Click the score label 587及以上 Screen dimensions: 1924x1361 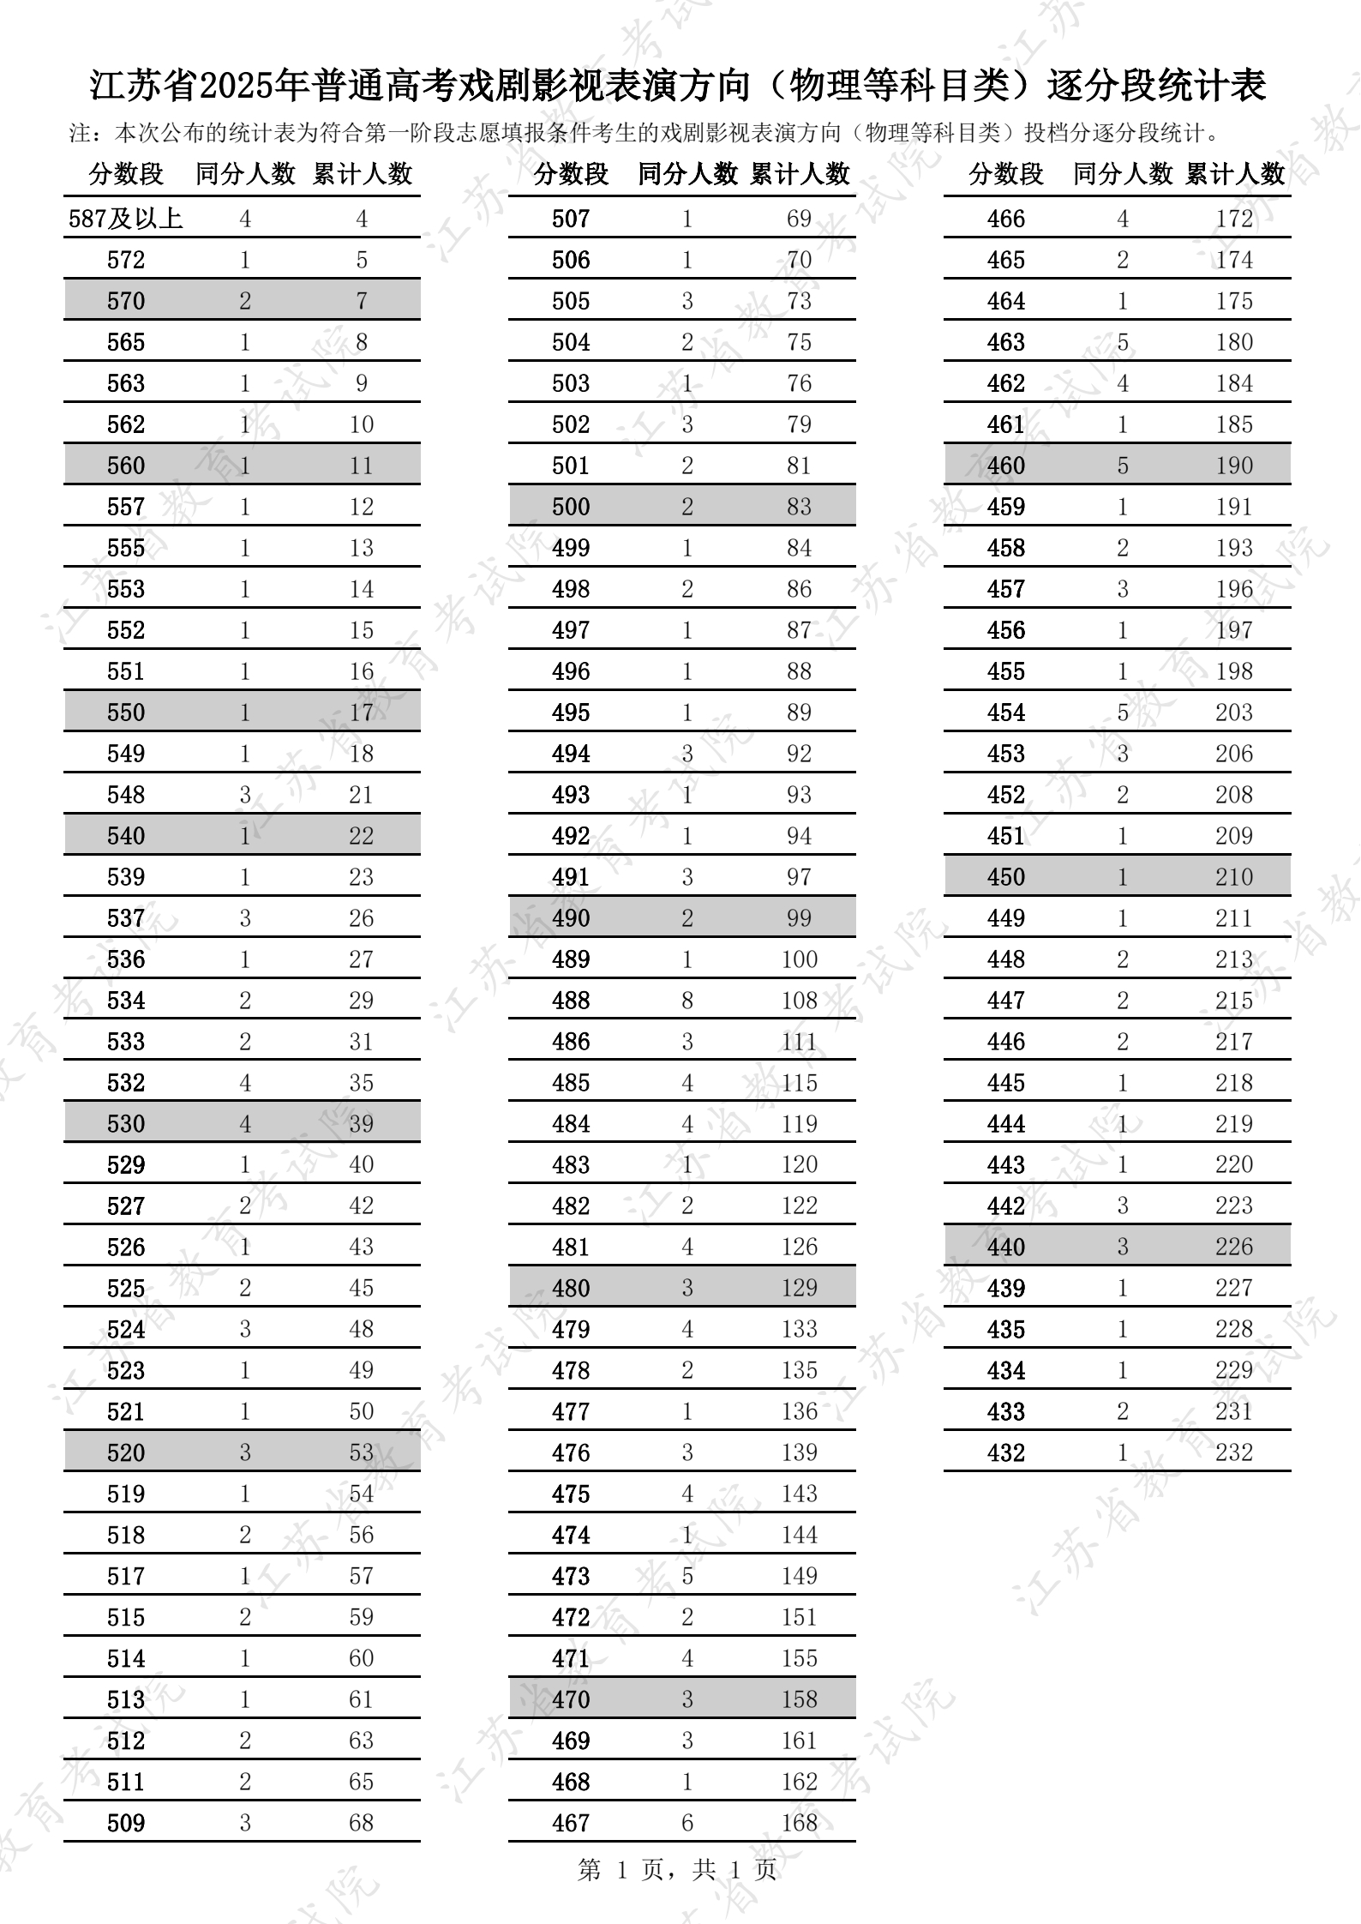pos(126,219)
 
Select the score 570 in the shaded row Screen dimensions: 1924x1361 pos(126,301)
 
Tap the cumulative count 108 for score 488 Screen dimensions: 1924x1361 pos(799,1001)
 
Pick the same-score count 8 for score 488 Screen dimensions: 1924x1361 pos(687,1001)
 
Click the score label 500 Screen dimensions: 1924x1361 pos(571,507)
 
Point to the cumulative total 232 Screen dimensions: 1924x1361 pos(1233,1452)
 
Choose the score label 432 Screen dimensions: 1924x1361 pos(1005,1452)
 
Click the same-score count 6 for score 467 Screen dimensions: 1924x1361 pos(687,1823)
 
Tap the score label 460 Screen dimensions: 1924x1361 pos(1005,466)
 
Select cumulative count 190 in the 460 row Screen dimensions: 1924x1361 pos(1233,466)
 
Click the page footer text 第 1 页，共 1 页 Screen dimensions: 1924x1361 pos(677,1870)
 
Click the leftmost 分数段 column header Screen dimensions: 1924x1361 pos(126,174)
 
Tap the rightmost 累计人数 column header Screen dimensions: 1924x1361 pos(1235,174)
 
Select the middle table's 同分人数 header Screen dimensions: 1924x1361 pos(687,174)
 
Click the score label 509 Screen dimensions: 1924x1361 pos(126,1823)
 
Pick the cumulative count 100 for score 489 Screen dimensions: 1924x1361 pos(799,959)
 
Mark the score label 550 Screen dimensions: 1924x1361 pos(126,712)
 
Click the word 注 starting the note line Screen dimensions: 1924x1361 pos(80,133)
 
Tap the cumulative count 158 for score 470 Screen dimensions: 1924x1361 pos(799,1699)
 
